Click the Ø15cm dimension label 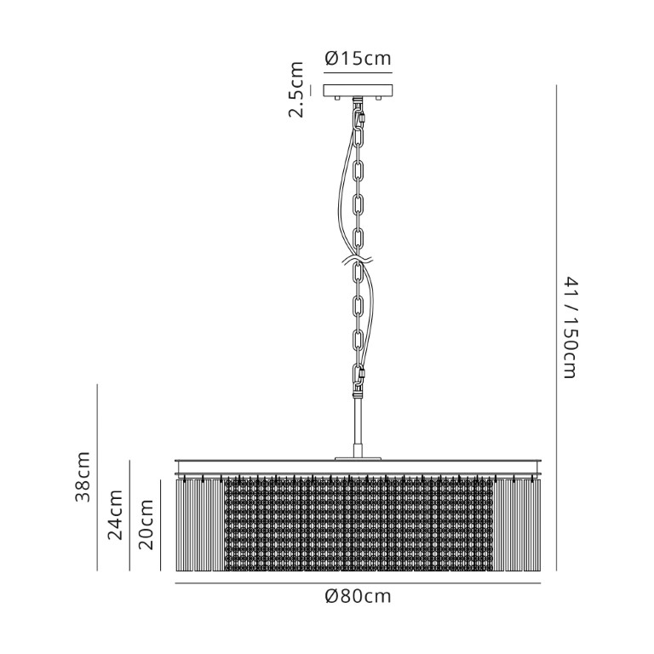coord(358,59)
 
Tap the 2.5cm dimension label coord(296,89)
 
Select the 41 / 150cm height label coord(569,327)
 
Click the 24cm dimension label coord(115,514)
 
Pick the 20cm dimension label coord(146,524)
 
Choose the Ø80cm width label coord(358,596)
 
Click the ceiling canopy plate coord(358,90)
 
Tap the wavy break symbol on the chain coord(358,261)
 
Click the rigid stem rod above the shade coord(358,426)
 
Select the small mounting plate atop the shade coord(358,458)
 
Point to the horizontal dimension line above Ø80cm coord(358,583)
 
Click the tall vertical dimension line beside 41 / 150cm coord(556,328)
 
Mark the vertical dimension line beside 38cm coord(97,477)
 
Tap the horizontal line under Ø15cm coord(358,73)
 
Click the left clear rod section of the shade coord(200,525)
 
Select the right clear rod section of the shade coord(517,525)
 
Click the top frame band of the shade coord(358,467)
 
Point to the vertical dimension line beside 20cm coord(161,525)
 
